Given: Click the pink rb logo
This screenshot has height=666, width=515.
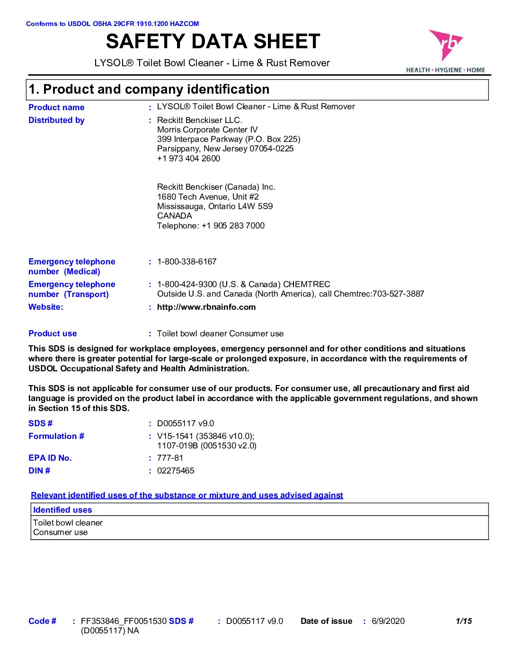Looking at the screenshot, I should click(445, 45).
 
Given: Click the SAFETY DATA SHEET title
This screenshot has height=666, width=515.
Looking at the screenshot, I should click(213, 42).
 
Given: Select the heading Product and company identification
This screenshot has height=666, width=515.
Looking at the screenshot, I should click(149, 89).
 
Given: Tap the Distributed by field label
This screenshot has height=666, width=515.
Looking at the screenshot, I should click(56, 120).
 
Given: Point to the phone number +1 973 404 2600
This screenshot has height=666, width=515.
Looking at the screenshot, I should click(188, 158).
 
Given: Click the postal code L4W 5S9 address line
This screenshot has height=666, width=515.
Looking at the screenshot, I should click(215, 206).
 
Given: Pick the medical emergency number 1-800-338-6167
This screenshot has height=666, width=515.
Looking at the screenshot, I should click(186, 262).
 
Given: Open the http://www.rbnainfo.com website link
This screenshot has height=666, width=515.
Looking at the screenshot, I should click(206, 307).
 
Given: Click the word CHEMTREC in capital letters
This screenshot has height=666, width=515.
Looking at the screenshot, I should click(306, 284).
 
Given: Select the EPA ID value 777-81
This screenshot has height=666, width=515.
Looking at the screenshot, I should click(170, 458).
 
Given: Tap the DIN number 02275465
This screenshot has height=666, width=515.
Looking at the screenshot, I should click(176, 471).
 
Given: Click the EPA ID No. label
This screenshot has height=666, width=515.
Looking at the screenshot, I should click(50, 458).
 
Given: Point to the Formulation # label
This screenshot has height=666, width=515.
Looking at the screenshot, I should click(56, 436).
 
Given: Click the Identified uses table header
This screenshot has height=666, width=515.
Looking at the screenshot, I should click(62, 510).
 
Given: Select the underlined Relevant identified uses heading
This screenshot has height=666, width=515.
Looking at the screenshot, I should click(187, 495).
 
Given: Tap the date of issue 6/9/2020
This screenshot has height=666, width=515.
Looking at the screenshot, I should click(388, 621).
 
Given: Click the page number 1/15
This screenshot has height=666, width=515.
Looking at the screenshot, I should click(463, 621).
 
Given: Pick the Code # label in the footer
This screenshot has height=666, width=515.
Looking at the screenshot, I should click(42, 621).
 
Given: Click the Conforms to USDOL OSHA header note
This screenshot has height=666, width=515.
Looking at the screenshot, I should click(112, 24).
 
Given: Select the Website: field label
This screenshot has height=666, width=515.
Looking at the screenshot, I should click(45, 307).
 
